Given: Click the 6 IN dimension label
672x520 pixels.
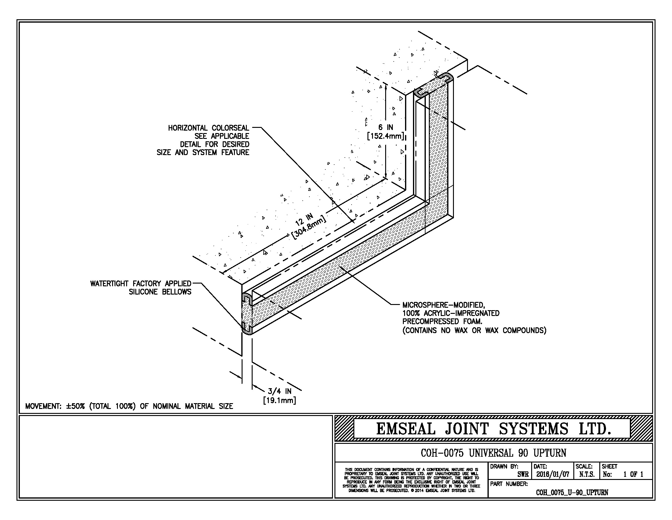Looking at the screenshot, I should click(385, 127).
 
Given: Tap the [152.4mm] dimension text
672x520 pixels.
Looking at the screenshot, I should click(385, 136).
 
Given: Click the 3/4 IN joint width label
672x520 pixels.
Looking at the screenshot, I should click(279, 392).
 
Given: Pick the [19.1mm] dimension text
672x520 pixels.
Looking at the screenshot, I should click(279, 400).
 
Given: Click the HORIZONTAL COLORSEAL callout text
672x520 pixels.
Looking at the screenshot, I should click(208, 128).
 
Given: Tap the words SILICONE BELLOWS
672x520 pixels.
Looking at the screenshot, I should click(160, 292).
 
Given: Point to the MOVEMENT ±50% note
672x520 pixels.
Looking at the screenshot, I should click(129, 406).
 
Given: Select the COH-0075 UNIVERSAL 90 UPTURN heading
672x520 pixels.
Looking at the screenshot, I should click(493, 453).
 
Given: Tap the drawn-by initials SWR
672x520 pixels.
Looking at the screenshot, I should click(523, 474).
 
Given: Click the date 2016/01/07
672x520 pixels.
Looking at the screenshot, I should click(553, 474).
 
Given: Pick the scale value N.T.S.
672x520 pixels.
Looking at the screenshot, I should click(586, 474).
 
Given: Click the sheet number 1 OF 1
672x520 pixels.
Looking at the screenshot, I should click(633, 474).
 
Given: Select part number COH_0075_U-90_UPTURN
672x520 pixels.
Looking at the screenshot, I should click(572, 492).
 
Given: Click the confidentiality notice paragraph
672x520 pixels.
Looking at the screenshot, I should click(411, 480).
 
